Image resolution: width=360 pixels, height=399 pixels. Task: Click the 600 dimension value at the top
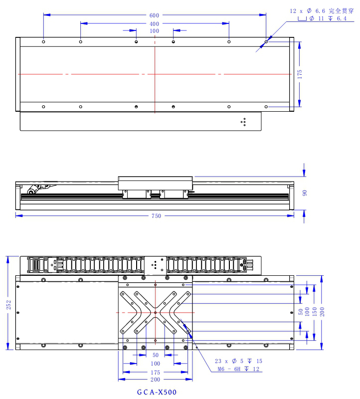tap(154, 15)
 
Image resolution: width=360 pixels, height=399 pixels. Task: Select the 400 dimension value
tap(154, 24)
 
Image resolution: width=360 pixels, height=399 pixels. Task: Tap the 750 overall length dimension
tap(156, 216)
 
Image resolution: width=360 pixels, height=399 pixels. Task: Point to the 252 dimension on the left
tap(8, 305)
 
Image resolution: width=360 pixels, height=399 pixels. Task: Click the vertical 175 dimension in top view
tap(300, 74)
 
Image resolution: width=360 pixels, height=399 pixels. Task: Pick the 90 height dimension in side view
tap(305, 193)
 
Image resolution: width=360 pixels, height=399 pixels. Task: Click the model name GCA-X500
tap(157, 392)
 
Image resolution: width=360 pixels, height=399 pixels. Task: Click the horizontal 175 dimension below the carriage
tap(155, 373)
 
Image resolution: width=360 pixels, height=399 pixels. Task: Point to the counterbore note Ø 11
tap(317, 18)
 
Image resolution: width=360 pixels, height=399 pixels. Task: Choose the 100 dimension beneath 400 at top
tap(154, 31)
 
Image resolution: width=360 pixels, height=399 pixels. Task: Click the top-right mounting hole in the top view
tap(266, 42)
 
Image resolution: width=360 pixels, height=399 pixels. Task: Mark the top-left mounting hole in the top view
tap(43, 42)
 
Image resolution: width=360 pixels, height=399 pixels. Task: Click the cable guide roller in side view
tap(31, 192)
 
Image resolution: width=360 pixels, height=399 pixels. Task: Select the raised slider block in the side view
tap(155, 183)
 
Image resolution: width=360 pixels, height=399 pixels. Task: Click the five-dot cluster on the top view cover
tap(243, 122)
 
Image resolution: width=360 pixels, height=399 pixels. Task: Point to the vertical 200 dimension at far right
tap(322, 312)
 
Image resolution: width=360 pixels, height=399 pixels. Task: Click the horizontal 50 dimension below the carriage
tap(156, 355)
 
